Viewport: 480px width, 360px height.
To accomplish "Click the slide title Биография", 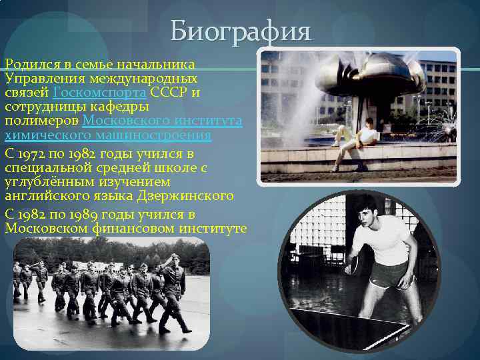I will (240, 31).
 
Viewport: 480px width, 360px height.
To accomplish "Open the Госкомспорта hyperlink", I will (100, 93).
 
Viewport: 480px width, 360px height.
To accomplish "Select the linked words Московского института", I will (162, 121).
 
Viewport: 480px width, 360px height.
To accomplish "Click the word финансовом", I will (143, 228).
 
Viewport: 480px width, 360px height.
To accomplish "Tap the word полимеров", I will (41, 121).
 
